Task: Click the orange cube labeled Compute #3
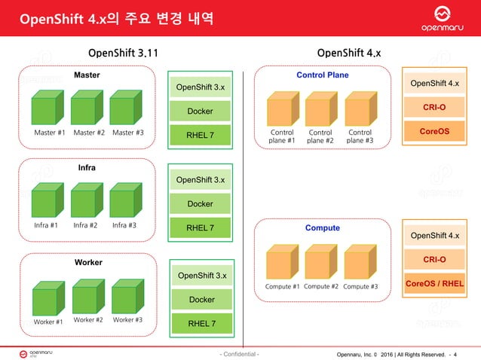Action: point(360,263)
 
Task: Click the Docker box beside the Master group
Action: point(200,111)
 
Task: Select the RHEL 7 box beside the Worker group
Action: point(202,324)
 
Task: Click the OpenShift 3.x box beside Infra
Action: point(200,180)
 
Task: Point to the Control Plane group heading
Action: point(322,75)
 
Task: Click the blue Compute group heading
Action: point(322,227)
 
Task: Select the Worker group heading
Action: point(87,262)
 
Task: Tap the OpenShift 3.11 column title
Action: point(123,53)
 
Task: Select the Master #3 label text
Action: point(128,133)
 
